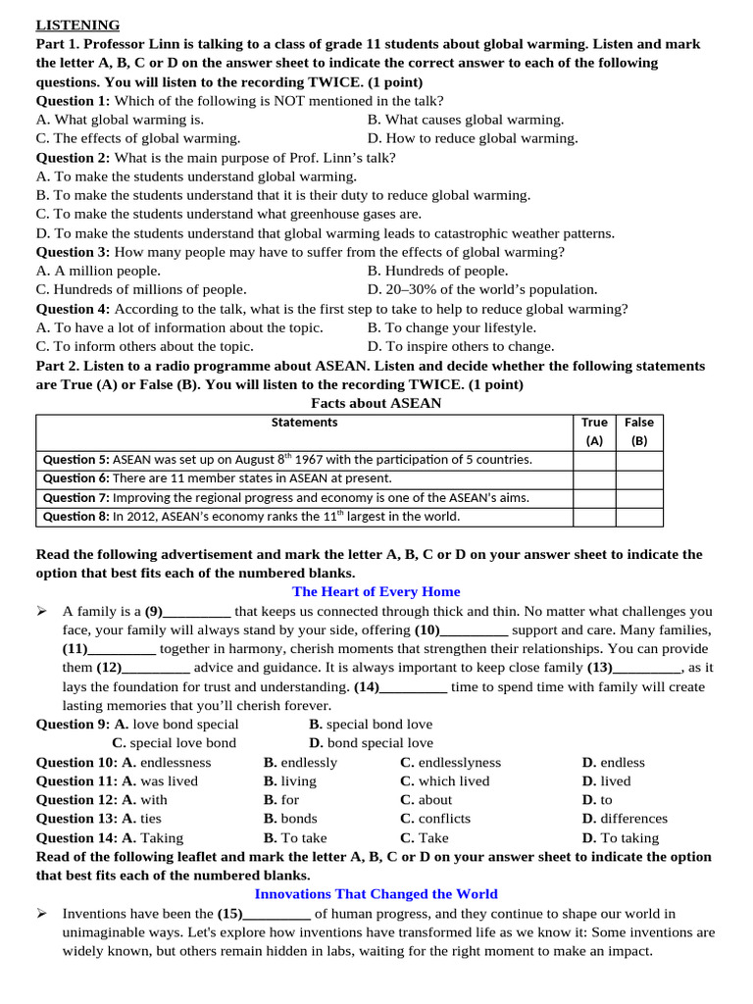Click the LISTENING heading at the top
[77, 25]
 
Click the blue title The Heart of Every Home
[376, 591]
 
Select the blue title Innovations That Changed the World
[376, 893]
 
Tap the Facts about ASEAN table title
[376, 403]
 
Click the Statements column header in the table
[304, 423]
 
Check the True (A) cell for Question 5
[594, 459]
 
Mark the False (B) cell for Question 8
[639, 516]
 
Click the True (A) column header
[594, 431]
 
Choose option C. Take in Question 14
[425, 837]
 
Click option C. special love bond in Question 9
[175, 743]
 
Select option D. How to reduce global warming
[473, 138]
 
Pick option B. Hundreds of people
[437, 271]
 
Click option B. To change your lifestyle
[452, 327]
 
